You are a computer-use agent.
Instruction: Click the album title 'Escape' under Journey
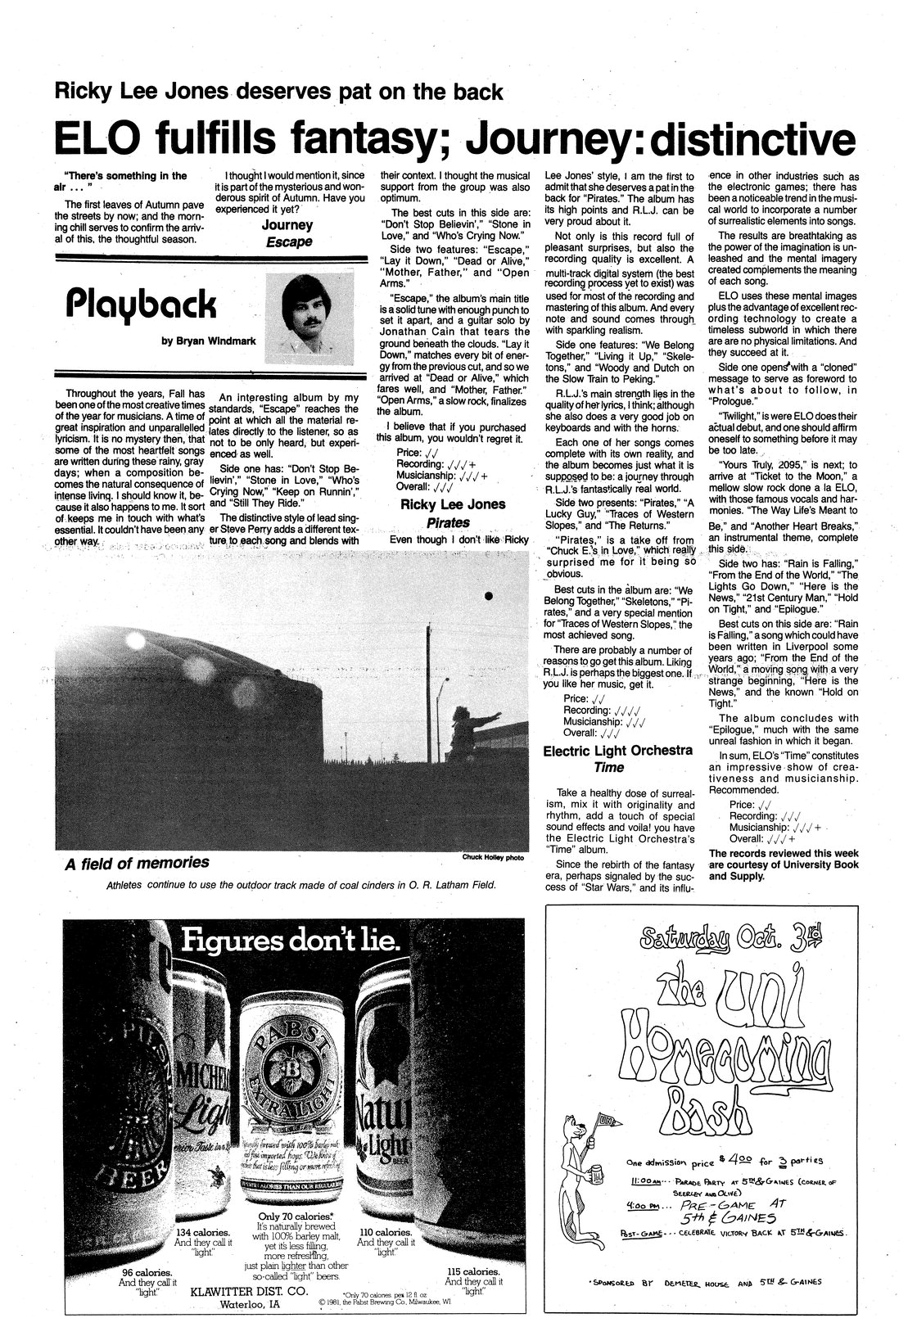coord(287,243)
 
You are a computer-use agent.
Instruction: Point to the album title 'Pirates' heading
coord(447,521)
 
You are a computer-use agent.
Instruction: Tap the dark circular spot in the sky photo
coord(488,595)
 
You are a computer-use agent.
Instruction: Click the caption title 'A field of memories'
coord(137,863)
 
